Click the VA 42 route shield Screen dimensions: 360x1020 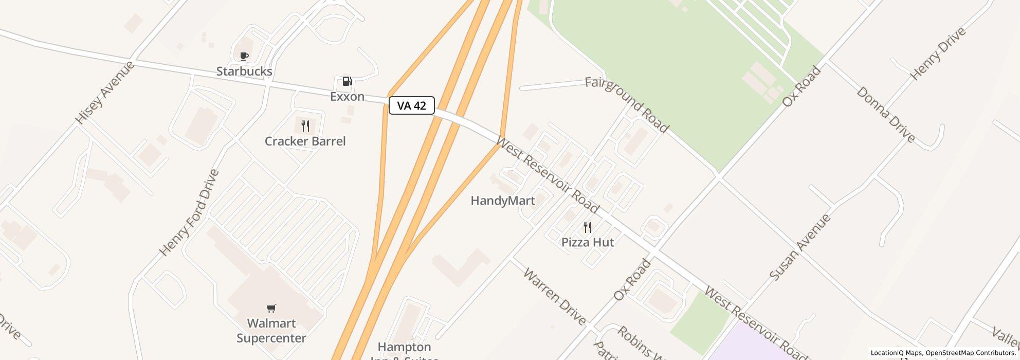click(412, 105)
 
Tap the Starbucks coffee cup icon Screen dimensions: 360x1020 click(244, 56)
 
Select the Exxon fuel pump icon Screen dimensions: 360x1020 click(348, 81)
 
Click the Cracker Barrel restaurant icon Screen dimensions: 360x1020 click(305, 126)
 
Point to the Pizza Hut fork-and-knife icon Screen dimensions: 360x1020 click(588, 227)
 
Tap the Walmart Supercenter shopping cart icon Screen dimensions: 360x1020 click(271, 308)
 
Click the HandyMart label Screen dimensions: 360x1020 click(503, 201)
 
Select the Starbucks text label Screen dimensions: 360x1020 click(244, 71)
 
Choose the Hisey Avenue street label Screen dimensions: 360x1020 click(105, 93)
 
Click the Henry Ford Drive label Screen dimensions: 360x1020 click(189, 212)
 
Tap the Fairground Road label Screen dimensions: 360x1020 click(627, 104)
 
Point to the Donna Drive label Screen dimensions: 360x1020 click(886, 114)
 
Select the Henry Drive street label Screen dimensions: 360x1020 click(938, 53)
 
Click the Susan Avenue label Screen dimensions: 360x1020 click(800, 247)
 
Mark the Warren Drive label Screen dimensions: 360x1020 click(554, 296)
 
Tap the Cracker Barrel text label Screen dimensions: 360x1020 click(305, 141)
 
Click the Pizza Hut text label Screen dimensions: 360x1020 click(588, 242)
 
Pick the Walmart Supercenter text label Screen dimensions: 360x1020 click(271, 331)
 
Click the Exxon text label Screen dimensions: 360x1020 click(348, 97)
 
